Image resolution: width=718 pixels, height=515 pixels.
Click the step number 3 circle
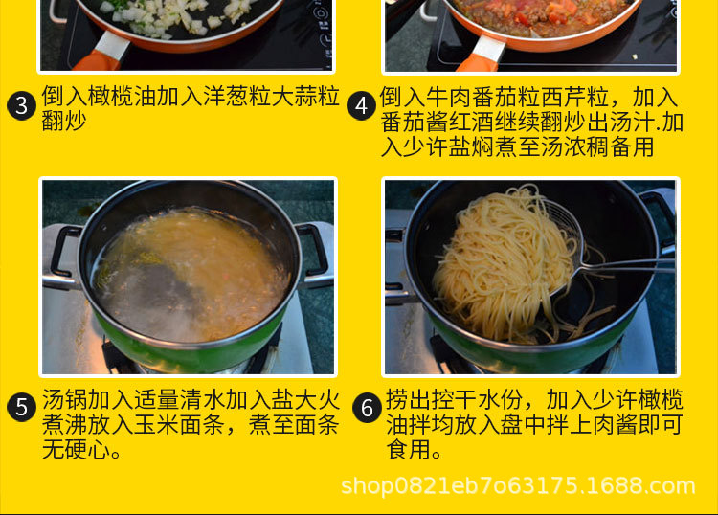pyautogui.click(x=21, y=105)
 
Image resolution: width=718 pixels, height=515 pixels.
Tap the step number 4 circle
pyautogui.click(x=361, y=105)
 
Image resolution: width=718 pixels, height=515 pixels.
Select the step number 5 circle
pyautogui.click(x=21, y=407)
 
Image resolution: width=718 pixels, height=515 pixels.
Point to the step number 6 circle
pyautogui.click(x=367, y=408)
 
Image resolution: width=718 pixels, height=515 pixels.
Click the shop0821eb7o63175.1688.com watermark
pyautogui.click(x=518, y=485)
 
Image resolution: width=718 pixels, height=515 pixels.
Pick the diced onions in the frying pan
pyautogui.click(x=179, y=16)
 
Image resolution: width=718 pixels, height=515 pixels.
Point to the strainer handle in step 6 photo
pyautogui.click(x=627, y=265)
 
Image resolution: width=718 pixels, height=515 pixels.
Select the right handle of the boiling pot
pyautogui.click(x=315, y=251)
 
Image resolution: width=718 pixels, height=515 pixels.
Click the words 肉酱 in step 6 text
pyautogui.click(x=616, y=424)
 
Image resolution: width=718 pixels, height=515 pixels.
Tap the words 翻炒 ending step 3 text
pyautogui.click(x=64, y=121)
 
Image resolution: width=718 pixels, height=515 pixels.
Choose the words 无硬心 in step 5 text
pyautogui.click(x=77, y=449)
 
